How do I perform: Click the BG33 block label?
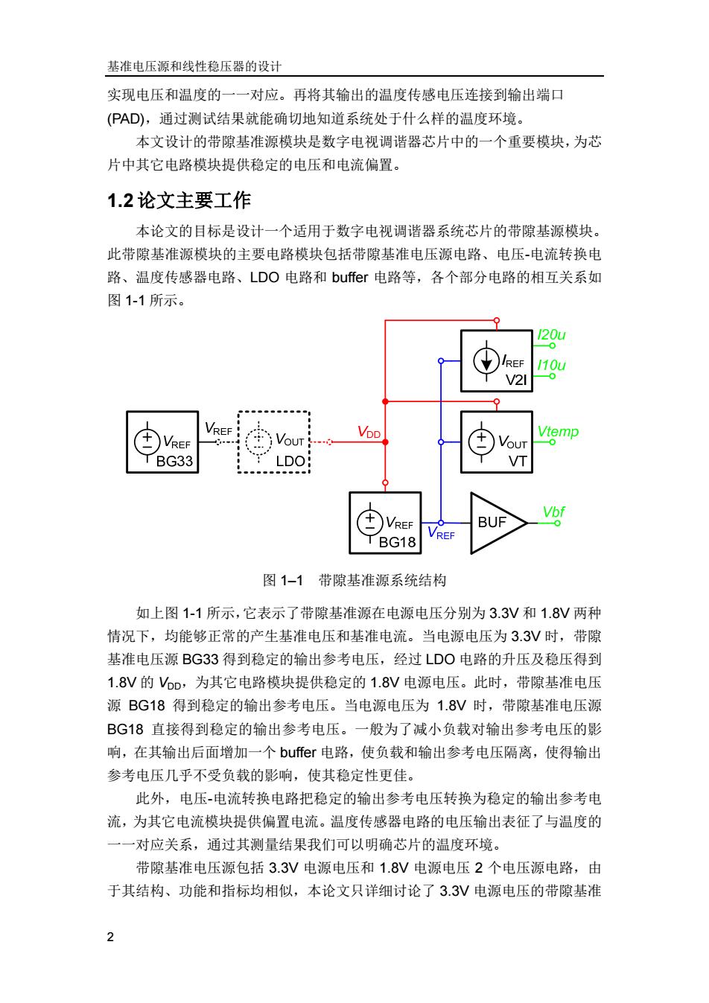pos(174,461)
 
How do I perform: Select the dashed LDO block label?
pos(290,461)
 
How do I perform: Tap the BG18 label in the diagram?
pos(397,542)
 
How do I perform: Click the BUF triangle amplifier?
pos(498,523)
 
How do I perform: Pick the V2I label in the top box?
pos(516,380)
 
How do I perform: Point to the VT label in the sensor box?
pos(518,461)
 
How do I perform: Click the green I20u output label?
pos(551,334)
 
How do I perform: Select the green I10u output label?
pos(551,365)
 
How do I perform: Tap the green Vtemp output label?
pos(558,432)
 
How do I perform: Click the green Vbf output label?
pos(553,512)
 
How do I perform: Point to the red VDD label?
pos(369,432)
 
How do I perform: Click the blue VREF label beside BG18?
pos(441,533)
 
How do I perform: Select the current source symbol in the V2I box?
pos(486,361)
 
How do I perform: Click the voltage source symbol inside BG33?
pos(147,442)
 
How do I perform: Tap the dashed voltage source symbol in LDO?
pos(258,442)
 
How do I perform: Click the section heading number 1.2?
pos(120,200)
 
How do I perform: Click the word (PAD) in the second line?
pos(126,118)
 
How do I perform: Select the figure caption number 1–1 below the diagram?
pos(292,581)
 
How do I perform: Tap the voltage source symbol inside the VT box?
pos(481,442)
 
